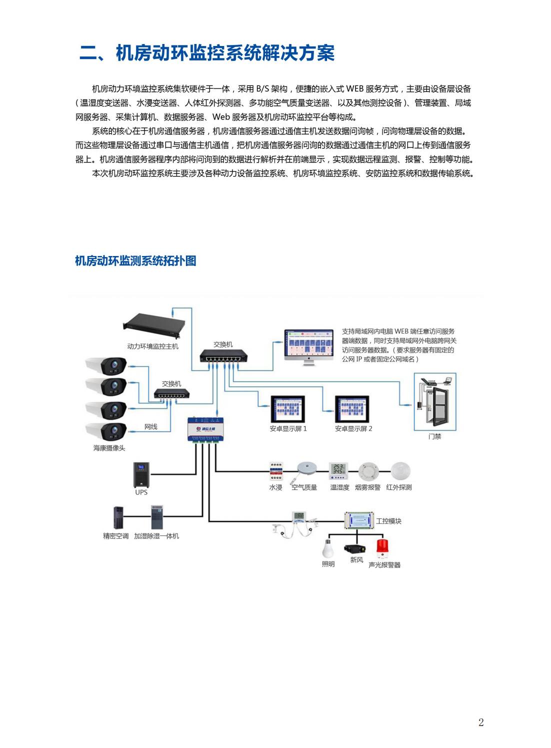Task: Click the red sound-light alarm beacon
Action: point(383,548)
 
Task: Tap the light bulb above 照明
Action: point(329,547)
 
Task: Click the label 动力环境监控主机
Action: point(152,346)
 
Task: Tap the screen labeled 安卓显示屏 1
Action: point(287,409)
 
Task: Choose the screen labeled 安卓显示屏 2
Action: point(352,409)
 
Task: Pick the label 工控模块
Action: point(388,521)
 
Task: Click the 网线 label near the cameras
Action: point(150,426)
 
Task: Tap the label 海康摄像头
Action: point(109,448)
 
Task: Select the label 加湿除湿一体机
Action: point(156,536)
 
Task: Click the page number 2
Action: point(481,722)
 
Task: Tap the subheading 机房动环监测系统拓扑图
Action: point(135,260)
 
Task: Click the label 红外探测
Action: point(399,487)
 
